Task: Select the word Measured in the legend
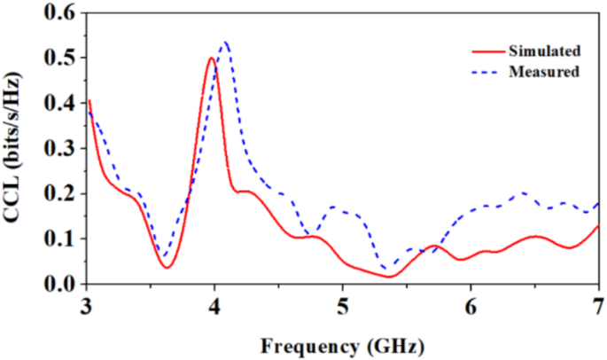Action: click(x=544, y=71)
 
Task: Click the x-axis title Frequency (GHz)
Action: click(x=342, y=342)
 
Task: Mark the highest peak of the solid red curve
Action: click(x=211, y=59)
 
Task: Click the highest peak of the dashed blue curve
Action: click(x=225, y=42)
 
